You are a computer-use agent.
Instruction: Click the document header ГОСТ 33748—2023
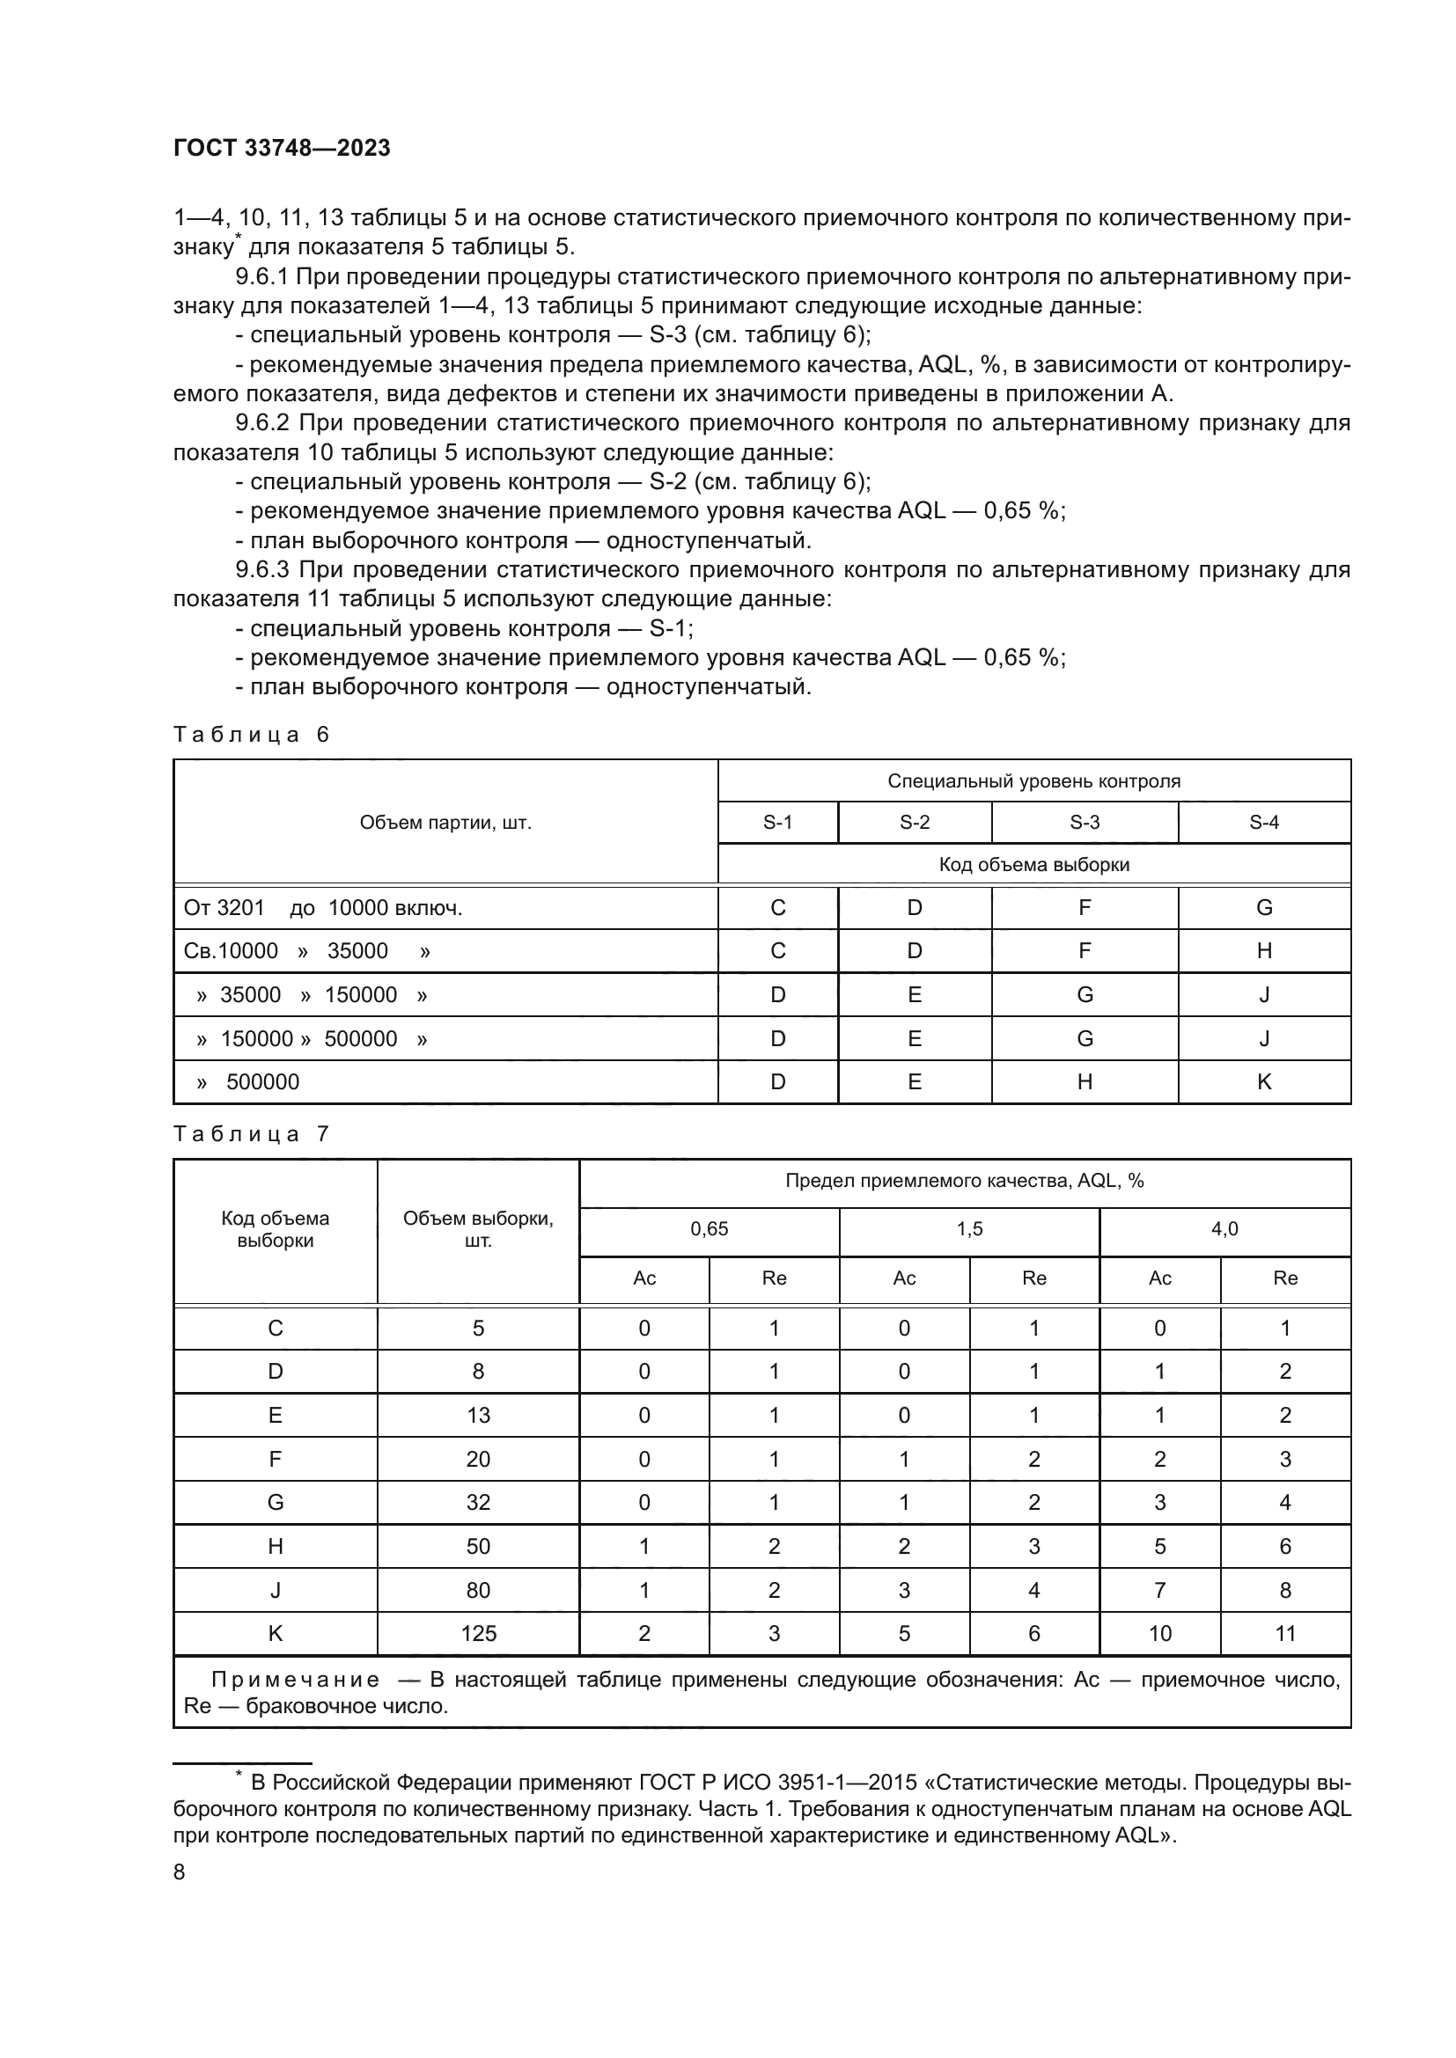pos(282,148)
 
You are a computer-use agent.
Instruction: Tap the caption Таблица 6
pos(251,735)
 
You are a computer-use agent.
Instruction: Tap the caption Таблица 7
pos(251,1134)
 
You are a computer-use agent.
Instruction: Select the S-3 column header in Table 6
pos(1084,822)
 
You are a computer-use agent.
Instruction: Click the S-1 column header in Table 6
pos(777,822)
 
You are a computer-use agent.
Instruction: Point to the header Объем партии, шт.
pos(445,822)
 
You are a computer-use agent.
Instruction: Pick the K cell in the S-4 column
pos(1264,1082)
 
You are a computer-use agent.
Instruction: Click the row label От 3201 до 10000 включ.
pos(323,908)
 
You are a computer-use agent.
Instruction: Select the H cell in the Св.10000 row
pos(1264,951)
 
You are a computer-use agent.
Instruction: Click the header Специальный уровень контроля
pos(1033,780)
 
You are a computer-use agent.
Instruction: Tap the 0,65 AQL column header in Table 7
pos(710,1229)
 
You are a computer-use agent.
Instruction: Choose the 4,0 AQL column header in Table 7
pos(1224,1229)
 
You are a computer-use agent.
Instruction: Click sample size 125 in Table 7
pos(478,1634)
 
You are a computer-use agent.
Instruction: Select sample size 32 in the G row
pos(478,1502)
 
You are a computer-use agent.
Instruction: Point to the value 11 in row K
pos(1284,1634)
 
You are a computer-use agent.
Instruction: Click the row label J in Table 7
pos(276,1590)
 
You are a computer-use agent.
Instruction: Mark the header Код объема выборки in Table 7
pos(276,1229)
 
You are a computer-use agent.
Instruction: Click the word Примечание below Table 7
pos(295,1680)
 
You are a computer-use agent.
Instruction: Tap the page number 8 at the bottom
pos(180,1872)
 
